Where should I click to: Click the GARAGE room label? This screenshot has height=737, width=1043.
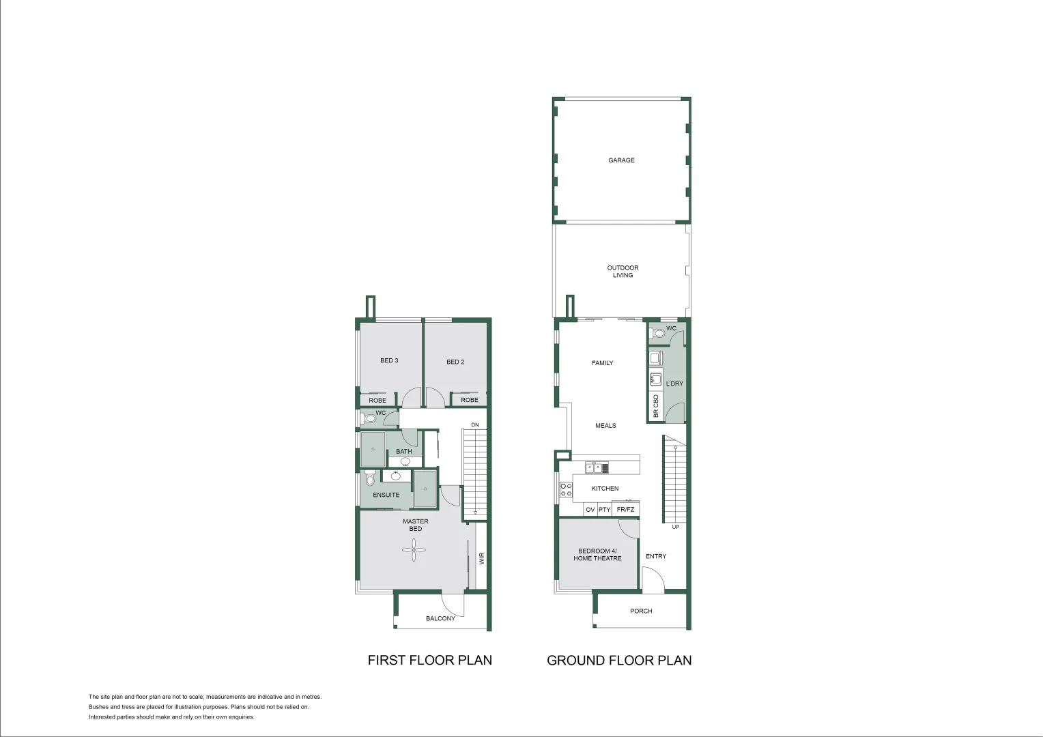pos(621,160)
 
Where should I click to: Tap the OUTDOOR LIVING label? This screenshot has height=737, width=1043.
pos(623,272)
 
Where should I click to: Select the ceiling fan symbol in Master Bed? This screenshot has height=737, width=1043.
pos(414,549)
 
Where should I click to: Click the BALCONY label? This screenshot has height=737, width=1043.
pos(440,618)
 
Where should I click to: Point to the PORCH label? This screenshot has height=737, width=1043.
pos(641,611)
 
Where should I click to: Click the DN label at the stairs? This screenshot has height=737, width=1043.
pos(475,425)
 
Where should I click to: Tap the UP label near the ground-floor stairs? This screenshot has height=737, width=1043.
pos(675,527)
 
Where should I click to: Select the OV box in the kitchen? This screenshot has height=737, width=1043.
pos(590,510)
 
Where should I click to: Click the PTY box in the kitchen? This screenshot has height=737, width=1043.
pos(604,510)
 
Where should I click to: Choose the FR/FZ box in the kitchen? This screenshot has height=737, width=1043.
pos(625,510)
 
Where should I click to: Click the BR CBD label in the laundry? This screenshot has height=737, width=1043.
pos(656,406)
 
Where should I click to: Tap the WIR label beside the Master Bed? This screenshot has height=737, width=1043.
pos(481,558)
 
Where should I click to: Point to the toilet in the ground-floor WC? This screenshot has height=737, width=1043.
pos(657,334)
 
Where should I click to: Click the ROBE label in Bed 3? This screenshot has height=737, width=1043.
pos(377,401)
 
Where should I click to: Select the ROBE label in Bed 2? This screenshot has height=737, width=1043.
pos(469,400)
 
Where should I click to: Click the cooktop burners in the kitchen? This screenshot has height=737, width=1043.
pos(566,489)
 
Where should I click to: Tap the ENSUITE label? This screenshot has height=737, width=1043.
pos(386,495)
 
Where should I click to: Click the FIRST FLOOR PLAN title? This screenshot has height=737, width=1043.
pos(429,660)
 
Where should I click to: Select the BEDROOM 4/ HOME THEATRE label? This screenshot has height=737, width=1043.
pos(597,555)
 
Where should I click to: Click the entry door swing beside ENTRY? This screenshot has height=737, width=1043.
pos(653,581)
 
